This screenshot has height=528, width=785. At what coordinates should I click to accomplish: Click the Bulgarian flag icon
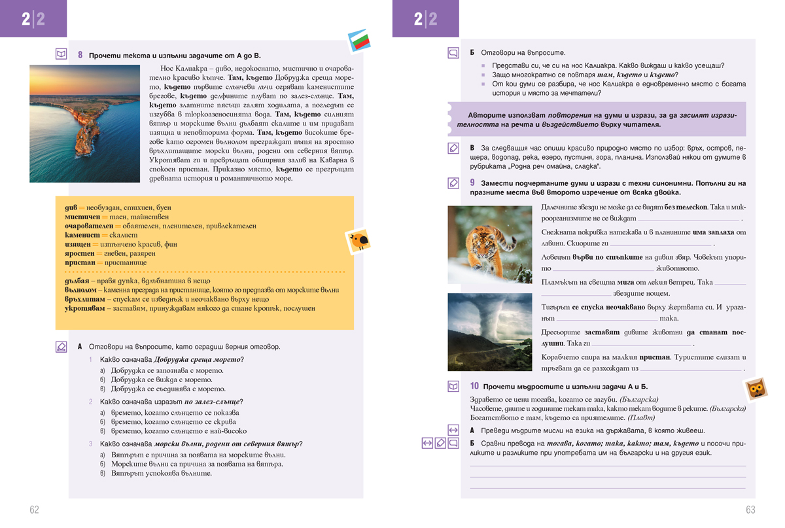[359, 41]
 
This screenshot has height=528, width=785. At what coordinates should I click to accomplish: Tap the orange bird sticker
[358, 241]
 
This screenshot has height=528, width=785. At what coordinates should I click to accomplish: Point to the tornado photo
[489, 332]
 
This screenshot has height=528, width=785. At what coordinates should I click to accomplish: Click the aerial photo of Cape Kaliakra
[85, 123]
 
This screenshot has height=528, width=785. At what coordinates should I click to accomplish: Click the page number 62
[34, 510]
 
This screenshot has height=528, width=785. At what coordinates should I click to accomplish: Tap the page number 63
[750, 510]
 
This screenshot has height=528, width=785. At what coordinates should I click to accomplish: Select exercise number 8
[80, 55]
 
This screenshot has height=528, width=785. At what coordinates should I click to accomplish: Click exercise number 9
[472, 183]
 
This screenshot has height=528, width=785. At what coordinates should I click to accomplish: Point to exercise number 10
[474, 387]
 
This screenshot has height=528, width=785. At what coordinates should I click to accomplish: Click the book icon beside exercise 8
[61, 54]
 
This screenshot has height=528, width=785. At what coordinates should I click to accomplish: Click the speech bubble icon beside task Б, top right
[453, 53]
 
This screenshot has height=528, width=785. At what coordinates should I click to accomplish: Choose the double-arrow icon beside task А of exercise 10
[453, 430]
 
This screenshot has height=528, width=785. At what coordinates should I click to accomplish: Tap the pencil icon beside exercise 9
[453, 183]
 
